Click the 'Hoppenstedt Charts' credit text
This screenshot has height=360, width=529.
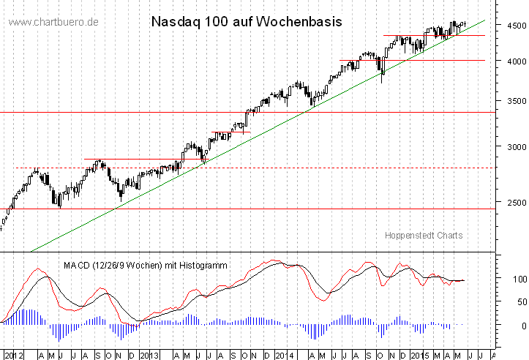point(424,235)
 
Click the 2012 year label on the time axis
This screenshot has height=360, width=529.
point(13,355)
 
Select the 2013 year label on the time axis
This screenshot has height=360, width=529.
point(149,355)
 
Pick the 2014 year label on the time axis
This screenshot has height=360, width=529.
point(284,355)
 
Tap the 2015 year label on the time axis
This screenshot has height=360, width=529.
point(419,355)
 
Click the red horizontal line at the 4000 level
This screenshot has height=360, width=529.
point(439,60)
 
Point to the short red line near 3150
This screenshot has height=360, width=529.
point(230,132)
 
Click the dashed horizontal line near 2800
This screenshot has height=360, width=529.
point(293,168)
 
